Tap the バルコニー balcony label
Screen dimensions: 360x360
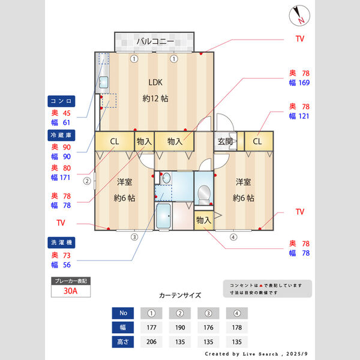155,41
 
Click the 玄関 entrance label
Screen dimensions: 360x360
225,142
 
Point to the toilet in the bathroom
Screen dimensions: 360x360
204,193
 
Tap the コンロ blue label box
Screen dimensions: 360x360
61,101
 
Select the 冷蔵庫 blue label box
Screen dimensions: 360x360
61,135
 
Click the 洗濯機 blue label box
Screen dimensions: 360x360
61,242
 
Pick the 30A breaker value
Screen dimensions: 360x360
71,292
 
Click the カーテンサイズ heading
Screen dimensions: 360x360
179,295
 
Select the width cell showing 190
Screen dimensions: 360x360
179,328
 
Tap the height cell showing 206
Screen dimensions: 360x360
151,341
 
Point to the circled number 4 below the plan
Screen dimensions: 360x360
233,237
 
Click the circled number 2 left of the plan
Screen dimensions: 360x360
88,180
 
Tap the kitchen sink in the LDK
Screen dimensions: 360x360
103,82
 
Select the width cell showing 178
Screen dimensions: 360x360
237,328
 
